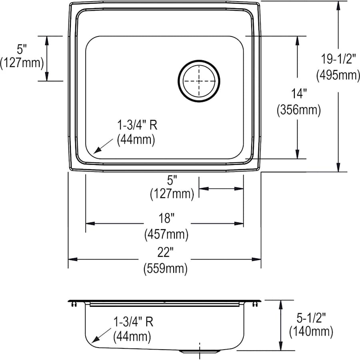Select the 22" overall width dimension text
click(165, 252)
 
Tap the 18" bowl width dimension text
click(165, 218)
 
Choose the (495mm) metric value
click(338, 75)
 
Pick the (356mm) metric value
click(299, 110)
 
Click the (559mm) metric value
click(165, 268)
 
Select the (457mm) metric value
click(166, 234)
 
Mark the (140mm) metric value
click(311, 331)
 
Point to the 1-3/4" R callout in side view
click(133, 322)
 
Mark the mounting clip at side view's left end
click(73, 305)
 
